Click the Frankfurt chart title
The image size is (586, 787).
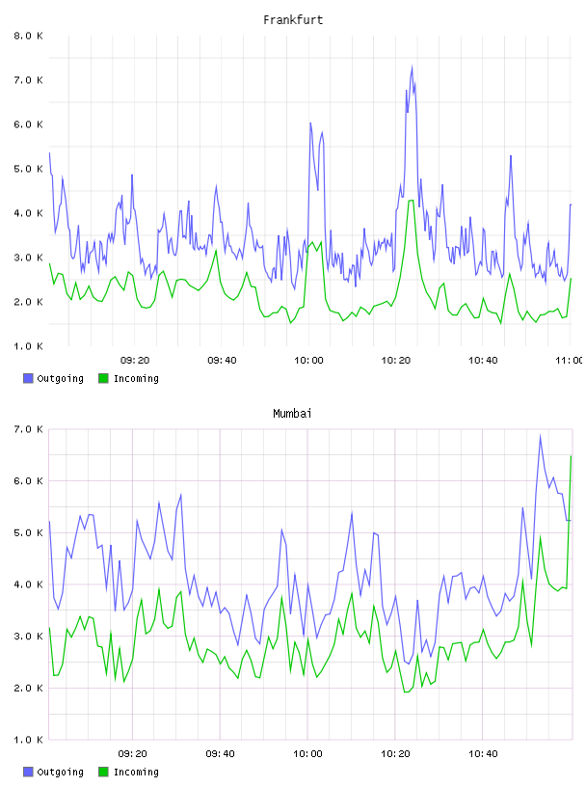pos(293,20)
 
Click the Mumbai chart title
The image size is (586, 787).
pos(292,414)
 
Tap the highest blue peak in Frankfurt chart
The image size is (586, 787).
pos(412,67)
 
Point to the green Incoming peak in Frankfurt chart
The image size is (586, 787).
pos(411,201)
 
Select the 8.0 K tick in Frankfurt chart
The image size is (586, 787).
pos(28,36)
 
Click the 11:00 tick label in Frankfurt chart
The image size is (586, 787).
pos(569,360)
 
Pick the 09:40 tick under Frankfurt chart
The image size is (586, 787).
pos(222,360)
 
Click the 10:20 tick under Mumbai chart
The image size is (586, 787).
pos(395,753)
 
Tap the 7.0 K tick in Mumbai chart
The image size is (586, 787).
pos(28,429)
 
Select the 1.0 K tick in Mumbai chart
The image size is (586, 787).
pos(28,740)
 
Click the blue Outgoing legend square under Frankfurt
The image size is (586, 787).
pos(28,378)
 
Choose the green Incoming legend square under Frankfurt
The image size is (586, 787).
pos(103,378)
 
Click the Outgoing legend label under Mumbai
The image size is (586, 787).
pos(60,772)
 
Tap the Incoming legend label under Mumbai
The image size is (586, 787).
pos(136,772)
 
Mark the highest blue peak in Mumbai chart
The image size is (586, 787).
pos(540,435)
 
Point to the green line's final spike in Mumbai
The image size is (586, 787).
pos(571,456)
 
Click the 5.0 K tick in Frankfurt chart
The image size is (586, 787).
pos(28,169)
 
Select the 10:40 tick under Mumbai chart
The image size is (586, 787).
pos(483,753)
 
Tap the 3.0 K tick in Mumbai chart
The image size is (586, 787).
pos(28,636)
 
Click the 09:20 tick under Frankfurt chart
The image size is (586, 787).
pos(135,360)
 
